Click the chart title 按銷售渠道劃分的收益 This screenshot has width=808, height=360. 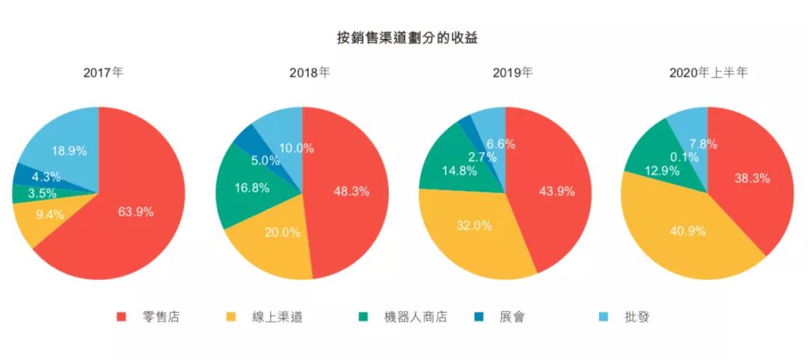coord(403,37)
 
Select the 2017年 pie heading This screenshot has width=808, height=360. coord(103,73)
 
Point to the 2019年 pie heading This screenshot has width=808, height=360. coord(512,73)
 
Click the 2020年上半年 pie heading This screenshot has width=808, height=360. coord(708,73)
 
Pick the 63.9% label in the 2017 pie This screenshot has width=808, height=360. coord(135,212)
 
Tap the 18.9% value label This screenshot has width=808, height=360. coord(69,150)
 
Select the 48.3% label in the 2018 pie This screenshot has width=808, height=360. coord(351,192)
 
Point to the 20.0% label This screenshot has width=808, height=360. coord(282,232)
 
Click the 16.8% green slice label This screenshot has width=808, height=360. coord(251,188)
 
